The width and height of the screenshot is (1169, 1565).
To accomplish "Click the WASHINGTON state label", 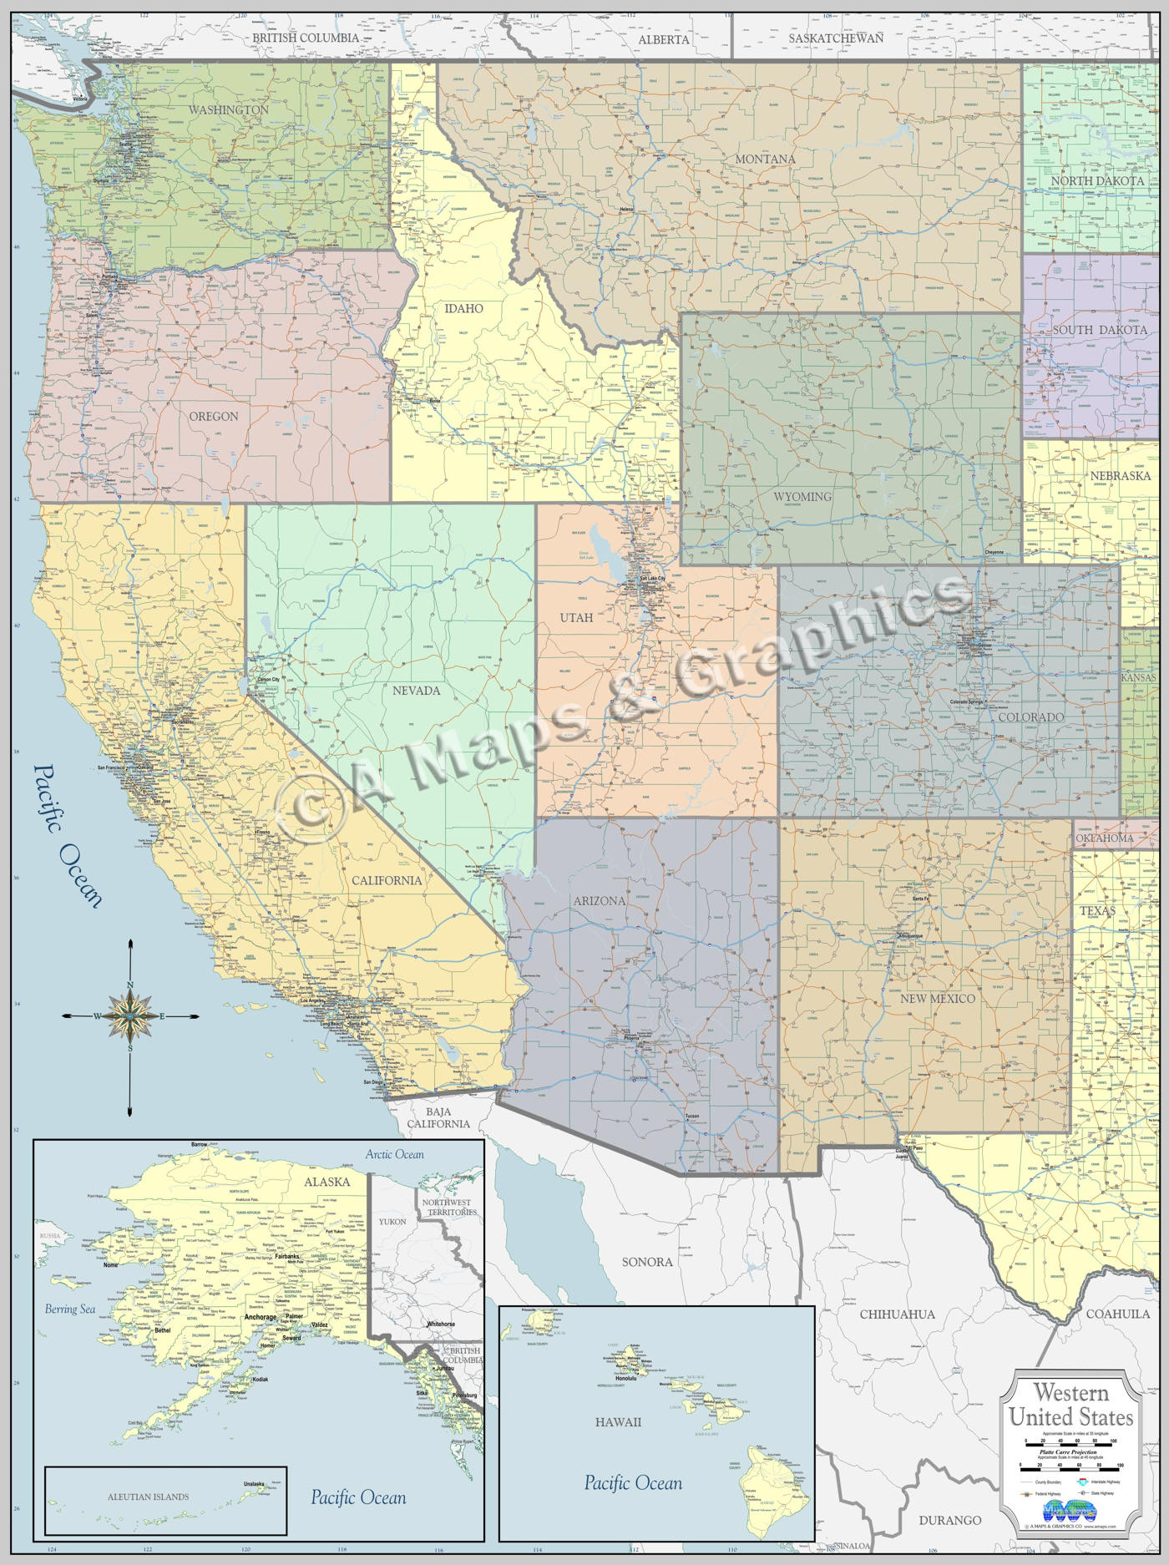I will click(x=228, y=110).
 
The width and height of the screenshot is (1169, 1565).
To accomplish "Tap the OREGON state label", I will click(x=213, y=416).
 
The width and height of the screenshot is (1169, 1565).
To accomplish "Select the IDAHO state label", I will click(x=463, y=308).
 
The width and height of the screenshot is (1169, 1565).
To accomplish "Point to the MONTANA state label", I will click(x=765, y=159).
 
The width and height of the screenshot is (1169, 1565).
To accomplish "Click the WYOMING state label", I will click(x=802, y=497).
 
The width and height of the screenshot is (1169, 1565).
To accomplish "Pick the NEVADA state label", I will click(x=416, y=691).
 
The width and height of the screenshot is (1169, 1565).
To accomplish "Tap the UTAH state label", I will click(x=576, y=618).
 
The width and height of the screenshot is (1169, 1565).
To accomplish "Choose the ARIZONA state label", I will click(x=599, y=901).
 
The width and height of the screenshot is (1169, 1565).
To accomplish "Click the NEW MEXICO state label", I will click(x=937, y=999).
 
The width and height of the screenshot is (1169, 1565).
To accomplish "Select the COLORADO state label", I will click(x=1030, y=717).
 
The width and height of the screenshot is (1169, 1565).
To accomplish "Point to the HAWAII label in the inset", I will click(x=618, y=1421).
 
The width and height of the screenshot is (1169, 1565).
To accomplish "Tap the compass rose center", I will click(x=130, y=1015).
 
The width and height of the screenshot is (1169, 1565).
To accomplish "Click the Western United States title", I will click(x=1071, y=1405).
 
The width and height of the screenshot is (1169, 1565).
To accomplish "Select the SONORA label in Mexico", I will click(x=646, y=1262).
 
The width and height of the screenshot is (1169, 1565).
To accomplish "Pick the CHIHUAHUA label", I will click(x=897, y=1314).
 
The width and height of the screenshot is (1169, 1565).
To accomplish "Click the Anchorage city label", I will click(x=261, y=1318).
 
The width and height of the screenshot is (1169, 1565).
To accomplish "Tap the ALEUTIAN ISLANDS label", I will click(x=148, y=1497).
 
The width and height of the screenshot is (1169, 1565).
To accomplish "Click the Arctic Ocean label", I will click(x=394, y=1155).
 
